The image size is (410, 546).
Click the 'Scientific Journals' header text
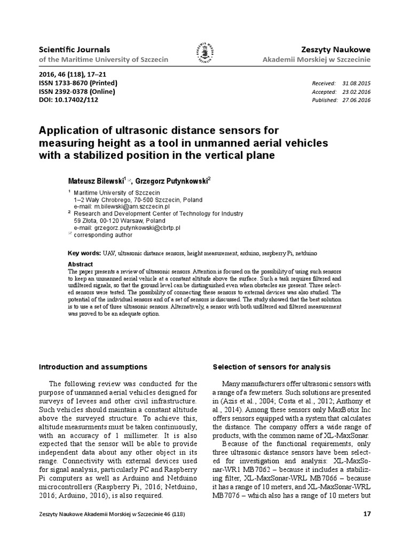click(x=70, y=49)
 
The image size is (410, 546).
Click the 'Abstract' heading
click(x=81, y=264)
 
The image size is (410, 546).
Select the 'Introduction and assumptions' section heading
click(x=93, y=367)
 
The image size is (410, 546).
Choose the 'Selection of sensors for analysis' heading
click(x=272, y=367)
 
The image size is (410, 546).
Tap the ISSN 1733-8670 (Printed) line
click(x=78, y=83)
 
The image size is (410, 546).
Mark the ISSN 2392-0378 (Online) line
click(x=77, y=92)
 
